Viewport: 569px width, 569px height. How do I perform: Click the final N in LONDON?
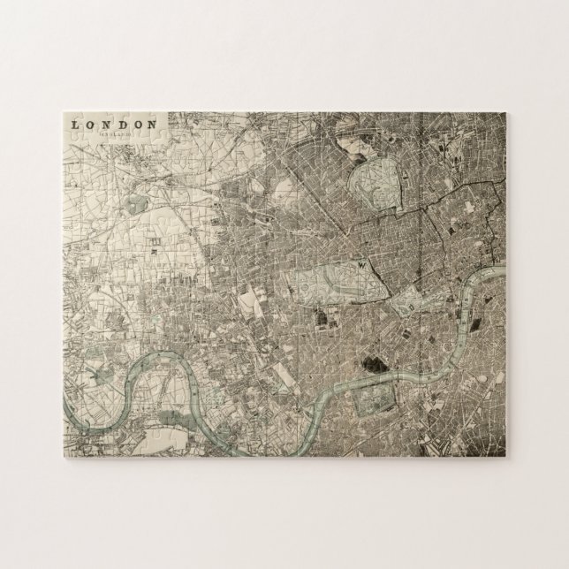[151, 125]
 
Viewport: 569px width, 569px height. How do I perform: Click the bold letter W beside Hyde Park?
[362, 263]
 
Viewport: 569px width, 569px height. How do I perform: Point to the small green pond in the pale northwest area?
[137, 203]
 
